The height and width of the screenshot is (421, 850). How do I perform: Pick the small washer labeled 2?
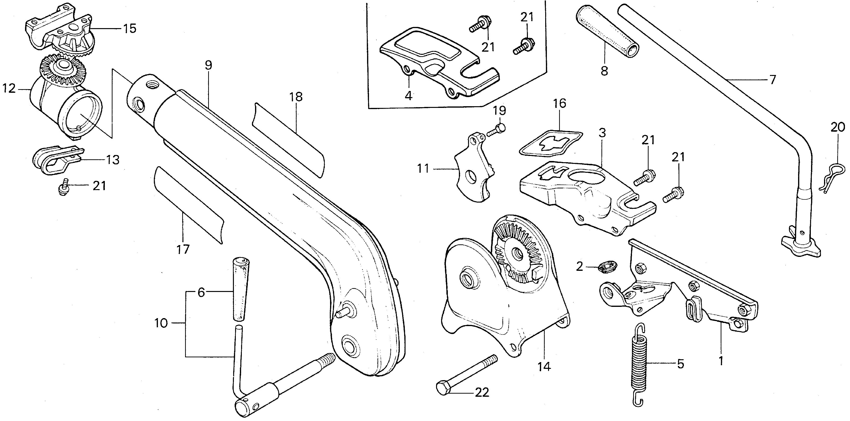click(x=606, y=266)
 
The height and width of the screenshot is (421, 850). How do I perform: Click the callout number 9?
click(x=208, y=65)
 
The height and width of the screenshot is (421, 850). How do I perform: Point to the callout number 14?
click(x=544, y=366)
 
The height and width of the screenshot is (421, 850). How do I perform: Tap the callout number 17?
click(x=183, y=249)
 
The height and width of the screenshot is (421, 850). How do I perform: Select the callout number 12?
click(x=9, y=88)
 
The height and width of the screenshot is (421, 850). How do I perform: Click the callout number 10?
click(x=161, y=323)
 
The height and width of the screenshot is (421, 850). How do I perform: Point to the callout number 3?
click(x=602, y=134)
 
